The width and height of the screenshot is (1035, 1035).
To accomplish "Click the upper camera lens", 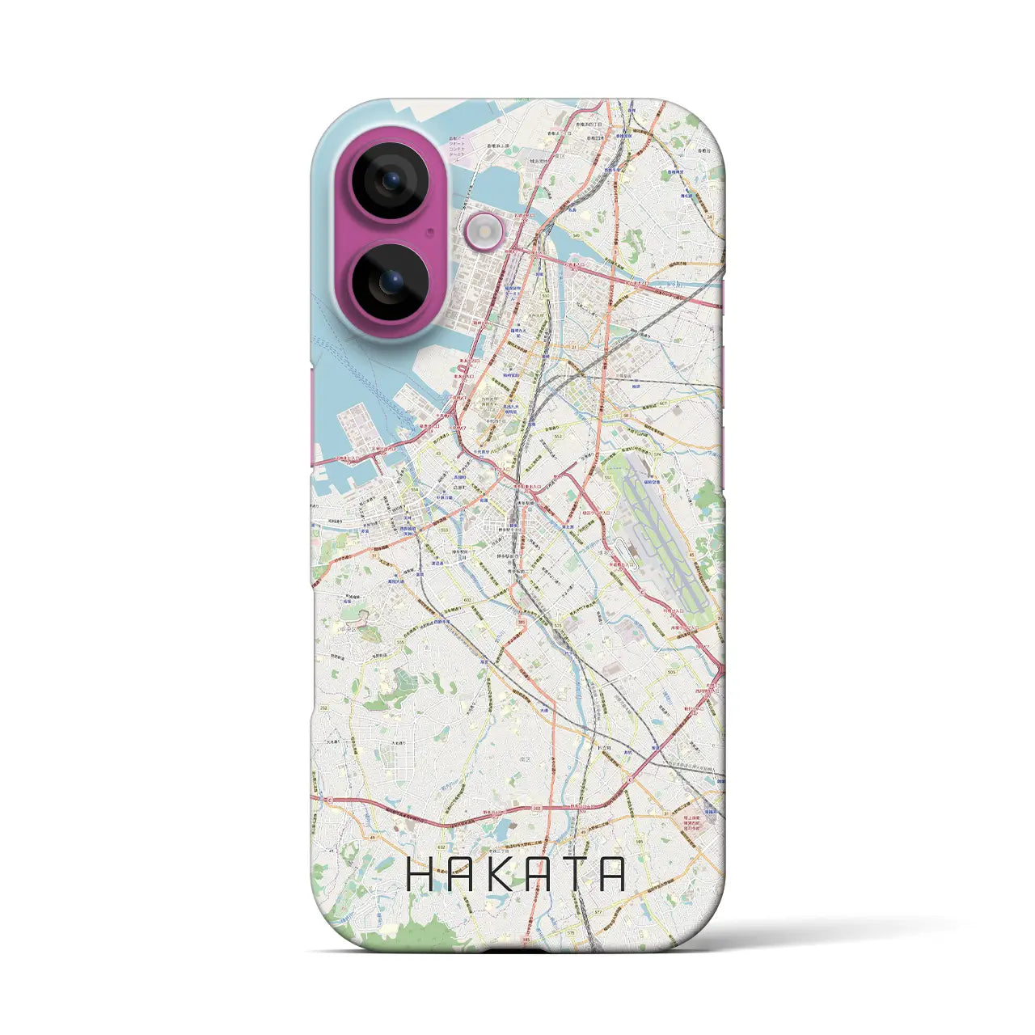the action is [x=390, y=180].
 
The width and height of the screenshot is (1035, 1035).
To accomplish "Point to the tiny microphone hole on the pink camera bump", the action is [x=429, y=231].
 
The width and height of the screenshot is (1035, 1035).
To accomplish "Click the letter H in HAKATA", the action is [x=420, y=874].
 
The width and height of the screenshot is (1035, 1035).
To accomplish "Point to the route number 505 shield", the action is [x=671, y=672].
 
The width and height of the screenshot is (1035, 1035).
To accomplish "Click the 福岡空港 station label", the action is [x=653, y=482].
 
